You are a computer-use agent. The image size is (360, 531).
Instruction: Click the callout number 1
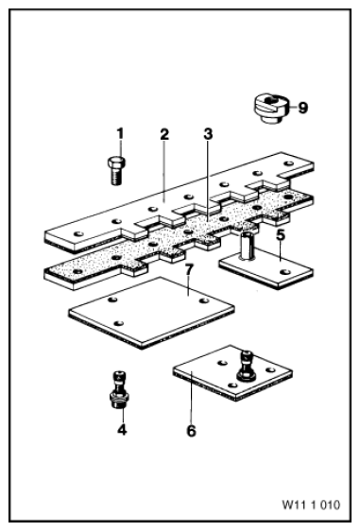click(x=120, y=133)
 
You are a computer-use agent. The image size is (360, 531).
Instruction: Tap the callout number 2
click(x=164, y=134)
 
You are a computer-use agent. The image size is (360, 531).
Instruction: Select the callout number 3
click(x=208, y=134)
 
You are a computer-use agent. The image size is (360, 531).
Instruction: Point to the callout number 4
click(x=122, y=430)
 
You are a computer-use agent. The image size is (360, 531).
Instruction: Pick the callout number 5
click(x=281, y=235)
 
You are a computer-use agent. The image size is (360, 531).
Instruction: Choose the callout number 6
click(x=192, y=431)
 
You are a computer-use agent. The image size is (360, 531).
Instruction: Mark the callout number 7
click(x=189, y=270)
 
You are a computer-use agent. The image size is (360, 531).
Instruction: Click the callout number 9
click(x=302, y=108)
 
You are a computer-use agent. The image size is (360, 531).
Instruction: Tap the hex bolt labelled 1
click(x=116, y=171)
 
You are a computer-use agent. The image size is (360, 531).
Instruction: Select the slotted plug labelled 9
click(x=271, y=109)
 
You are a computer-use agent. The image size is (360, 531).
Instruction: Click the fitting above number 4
click(x=118, y=389)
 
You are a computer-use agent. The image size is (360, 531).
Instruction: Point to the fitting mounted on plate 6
click(x=247, y=367)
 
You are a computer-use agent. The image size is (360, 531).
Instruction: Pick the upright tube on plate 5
click(x=248, y=246)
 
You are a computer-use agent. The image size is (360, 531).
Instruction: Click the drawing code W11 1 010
click(x=311, y=505)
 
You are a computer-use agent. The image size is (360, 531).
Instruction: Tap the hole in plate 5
click(x=285, y=271)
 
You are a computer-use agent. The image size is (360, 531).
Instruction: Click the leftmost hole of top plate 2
click(x=78, y=233)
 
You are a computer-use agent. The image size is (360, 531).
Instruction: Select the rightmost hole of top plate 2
click(x=289, y=163)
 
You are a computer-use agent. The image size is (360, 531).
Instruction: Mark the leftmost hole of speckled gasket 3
click(x=77, y=271)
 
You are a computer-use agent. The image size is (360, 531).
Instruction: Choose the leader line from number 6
click(x=192, y=398)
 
